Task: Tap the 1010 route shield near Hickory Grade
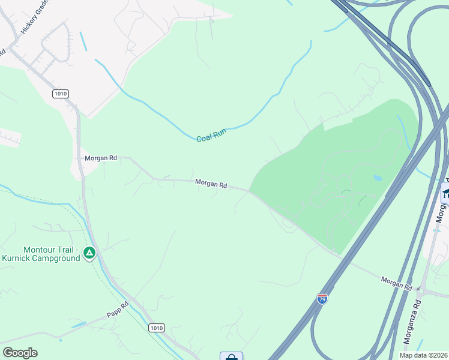(x=61, y=94)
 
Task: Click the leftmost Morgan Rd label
(x=100, y=158)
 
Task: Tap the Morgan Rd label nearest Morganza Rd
(x=396, y=283)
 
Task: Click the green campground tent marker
(x=89, y=253)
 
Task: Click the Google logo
(x=20, y=353)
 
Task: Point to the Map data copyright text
(x=422, y=355)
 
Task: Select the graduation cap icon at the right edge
(x=445, y=193)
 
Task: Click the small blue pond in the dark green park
(x=376, y=178)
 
